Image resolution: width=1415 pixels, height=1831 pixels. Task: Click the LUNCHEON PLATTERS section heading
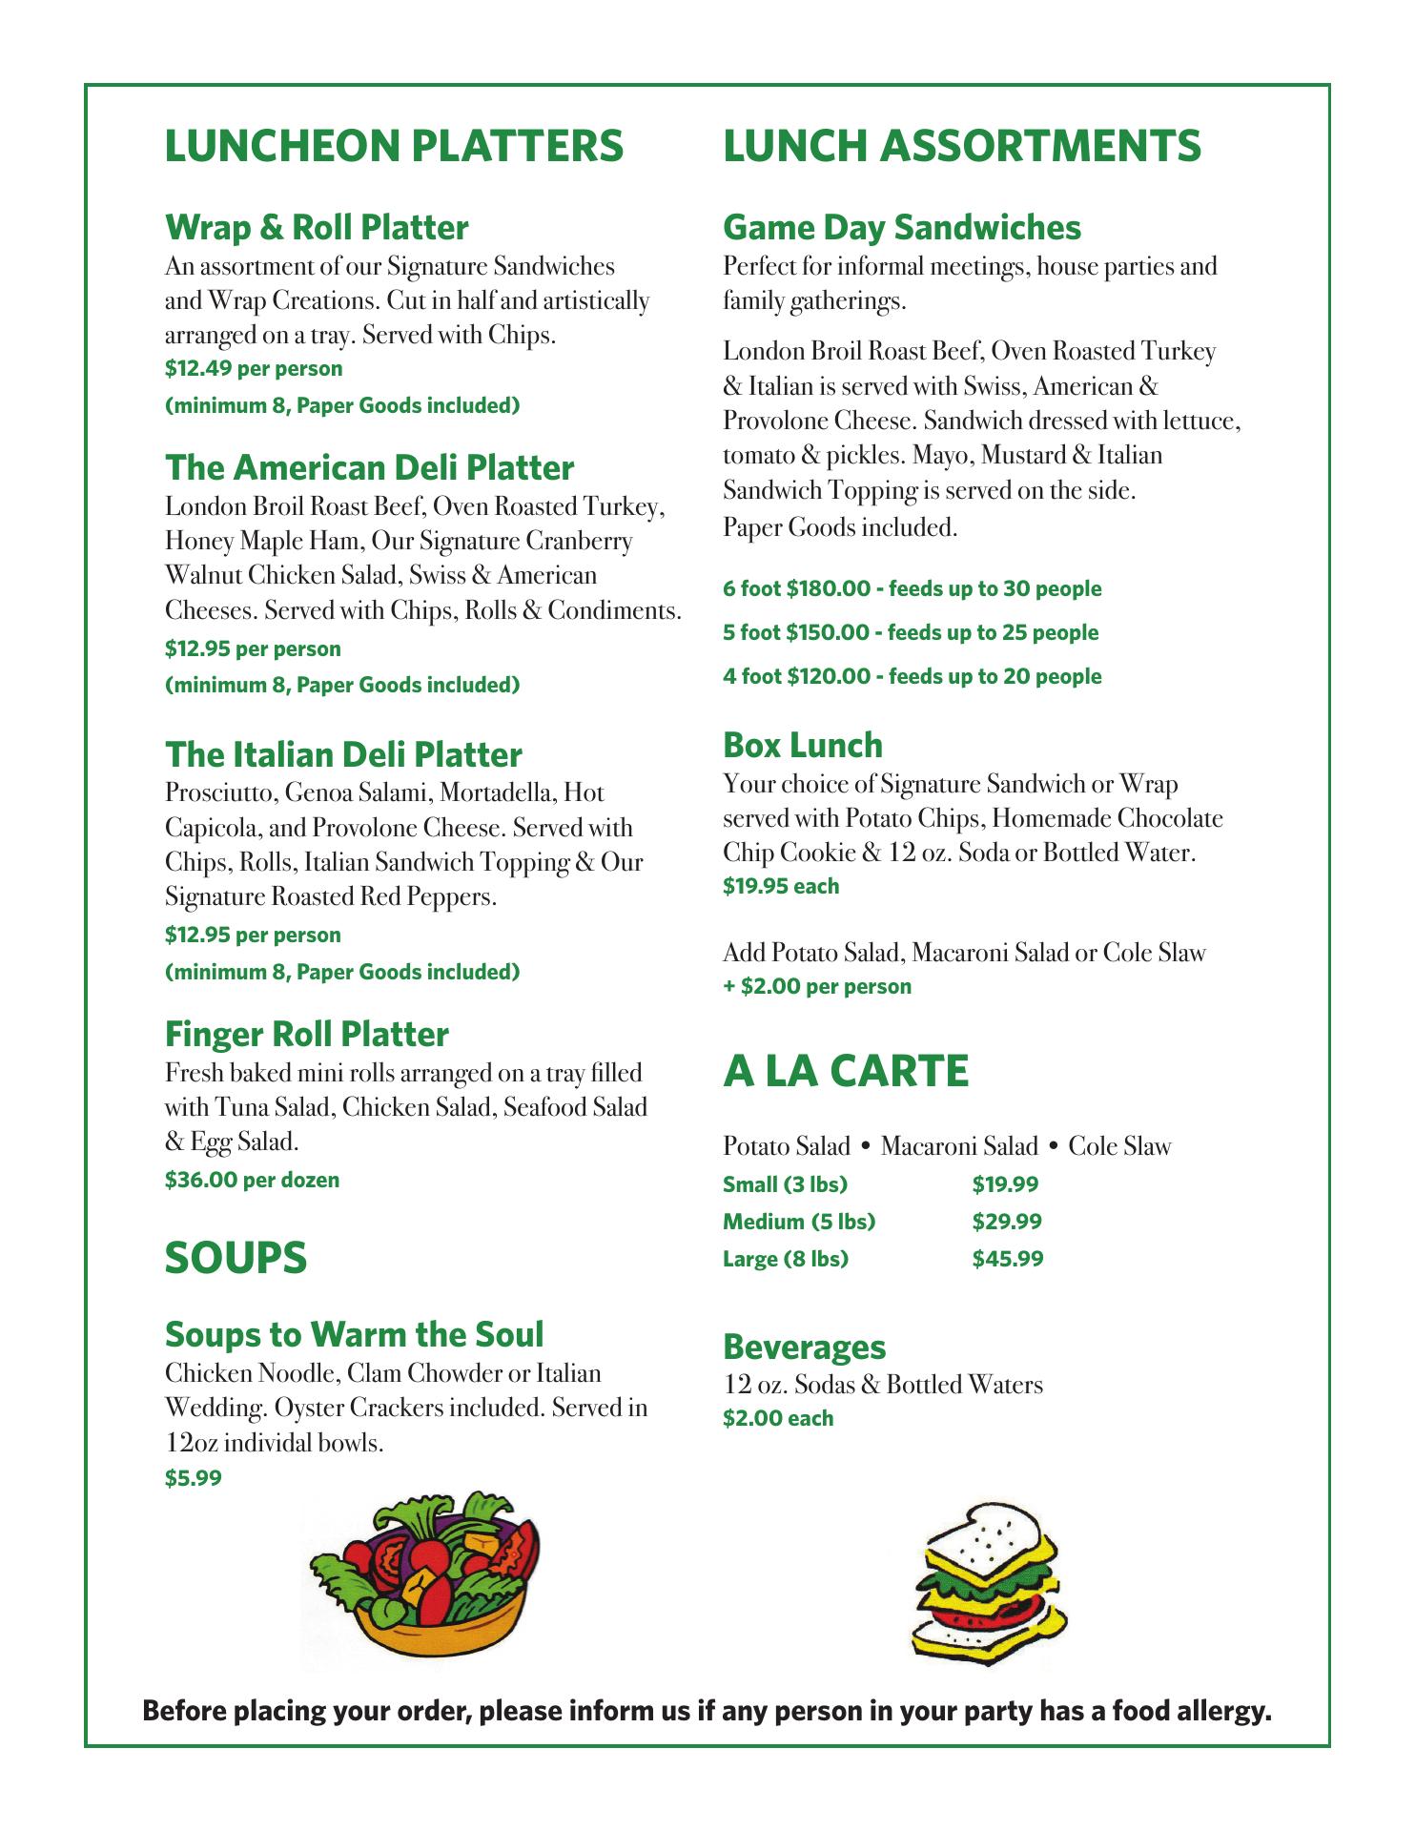[394, 146]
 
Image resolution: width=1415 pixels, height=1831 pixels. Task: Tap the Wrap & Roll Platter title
[317, 228]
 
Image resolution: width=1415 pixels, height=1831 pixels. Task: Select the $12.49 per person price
[254, 369]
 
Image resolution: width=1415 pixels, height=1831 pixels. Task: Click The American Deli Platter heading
[369, 468]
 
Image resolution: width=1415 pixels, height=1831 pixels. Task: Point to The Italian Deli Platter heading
[343, 755]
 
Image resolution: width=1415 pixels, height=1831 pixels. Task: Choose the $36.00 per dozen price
[252, 1181]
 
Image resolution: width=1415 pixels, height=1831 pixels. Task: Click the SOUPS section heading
[236, 1258]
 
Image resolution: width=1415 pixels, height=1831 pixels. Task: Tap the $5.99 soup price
[193, 1479]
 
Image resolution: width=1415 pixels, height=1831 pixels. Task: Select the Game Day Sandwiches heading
[901, 228]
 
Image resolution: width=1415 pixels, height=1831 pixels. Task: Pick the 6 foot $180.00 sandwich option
[912, 589]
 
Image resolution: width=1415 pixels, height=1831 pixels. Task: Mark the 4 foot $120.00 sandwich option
[912, 677]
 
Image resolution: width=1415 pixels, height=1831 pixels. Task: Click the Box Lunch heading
[802, 746]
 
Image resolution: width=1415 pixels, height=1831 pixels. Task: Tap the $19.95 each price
[781, 887]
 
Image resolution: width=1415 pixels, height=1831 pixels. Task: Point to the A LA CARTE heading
[846, 1072]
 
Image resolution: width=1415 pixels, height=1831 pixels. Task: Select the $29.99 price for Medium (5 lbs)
[1007, 1222]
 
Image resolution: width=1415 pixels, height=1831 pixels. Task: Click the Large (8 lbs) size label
[785, 1259]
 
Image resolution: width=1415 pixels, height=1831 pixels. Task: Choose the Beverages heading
[804, 1348]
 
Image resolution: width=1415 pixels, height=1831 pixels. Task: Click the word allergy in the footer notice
[1223, 1712]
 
